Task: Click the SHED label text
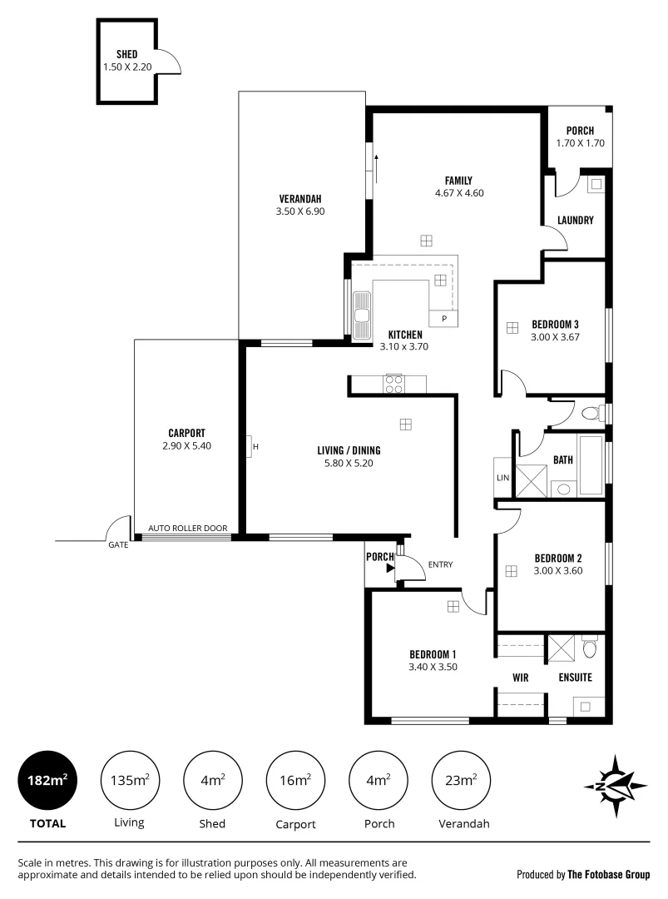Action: (126, 54)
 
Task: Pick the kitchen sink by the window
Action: (362, 314)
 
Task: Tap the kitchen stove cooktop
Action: (394, 384)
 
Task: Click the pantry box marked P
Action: (444, 318)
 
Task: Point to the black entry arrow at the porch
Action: (389, 569)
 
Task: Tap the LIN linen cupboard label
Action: (502, 477)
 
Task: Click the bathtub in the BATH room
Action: (591, 465)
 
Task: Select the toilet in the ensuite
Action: (589, 647)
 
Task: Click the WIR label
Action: (521, 678)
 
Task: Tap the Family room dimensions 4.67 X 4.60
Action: (458, 193)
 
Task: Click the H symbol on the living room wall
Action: (256, 447)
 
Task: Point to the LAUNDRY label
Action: (575, 221)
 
